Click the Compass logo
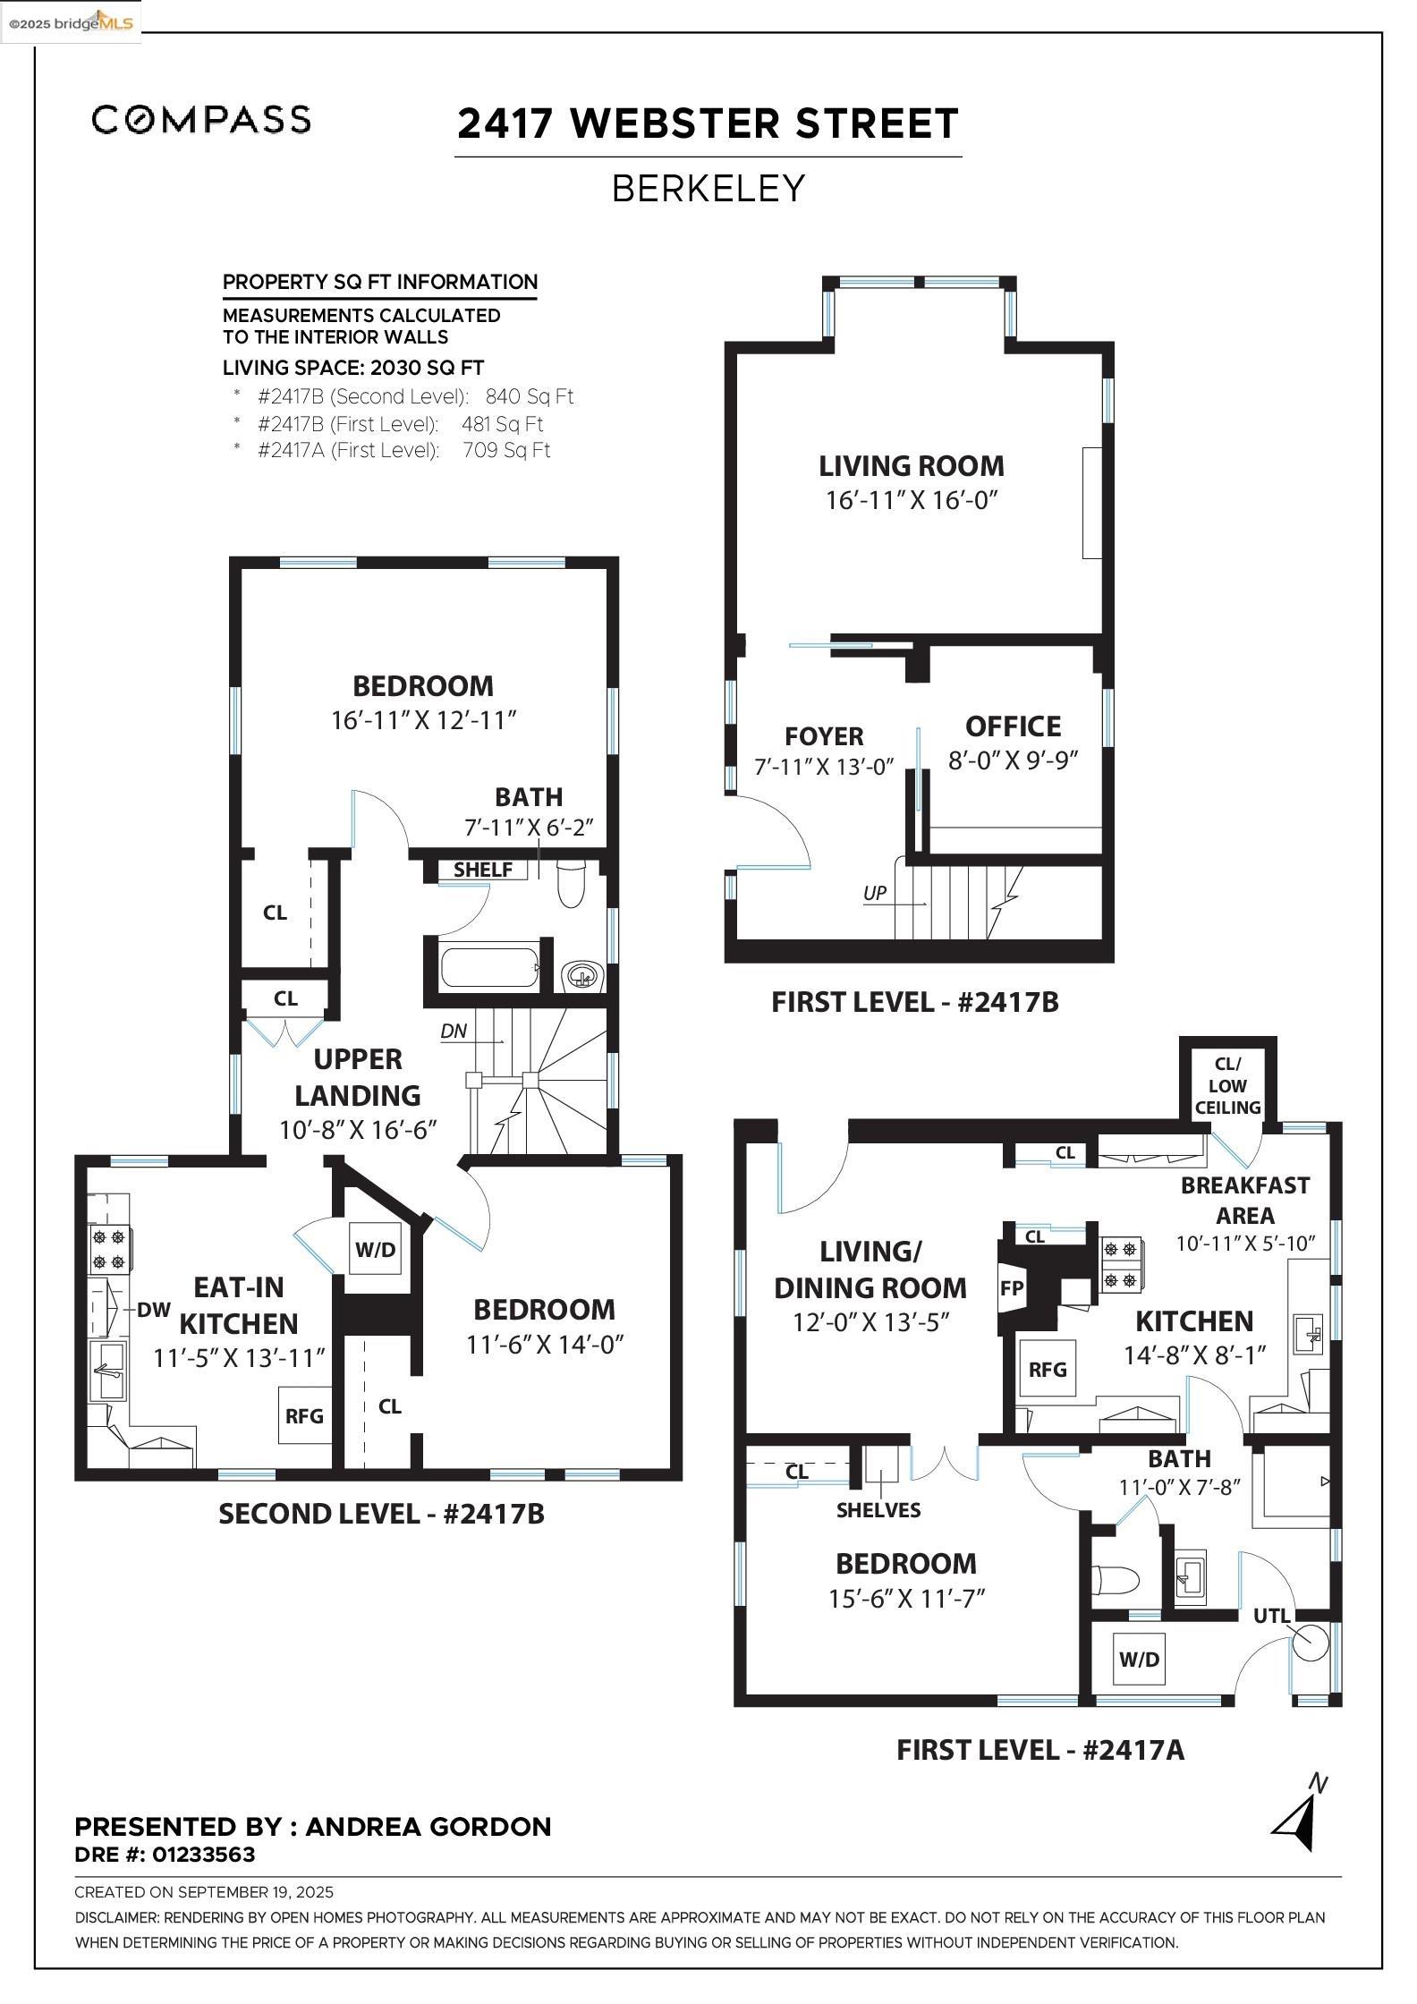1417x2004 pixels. click(201, 119)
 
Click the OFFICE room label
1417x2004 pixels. click(1013, 726)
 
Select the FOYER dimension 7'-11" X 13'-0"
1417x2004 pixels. click(824, 767)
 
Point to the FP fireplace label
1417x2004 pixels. click(1012, 1289)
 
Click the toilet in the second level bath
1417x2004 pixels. click(570, 885)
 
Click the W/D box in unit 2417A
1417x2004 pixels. click(1139, 1660)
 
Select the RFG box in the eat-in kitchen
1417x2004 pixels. click(304, 1415)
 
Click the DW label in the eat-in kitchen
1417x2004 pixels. click(153, 1310)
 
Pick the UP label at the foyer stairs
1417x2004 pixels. click(875, 893)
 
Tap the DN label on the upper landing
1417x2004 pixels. click(454, 1031)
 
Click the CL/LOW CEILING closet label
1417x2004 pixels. click(1227, 1085)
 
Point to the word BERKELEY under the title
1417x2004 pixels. click(708, 189)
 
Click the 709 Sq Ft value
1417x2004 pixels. click(506, 450)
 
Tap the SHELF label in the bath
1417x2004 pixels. click(483, 870)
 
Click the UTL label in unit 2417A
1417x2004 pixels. click(1271, 1616)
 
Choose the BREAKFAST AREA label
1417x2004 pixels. click(1244, 1200)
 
